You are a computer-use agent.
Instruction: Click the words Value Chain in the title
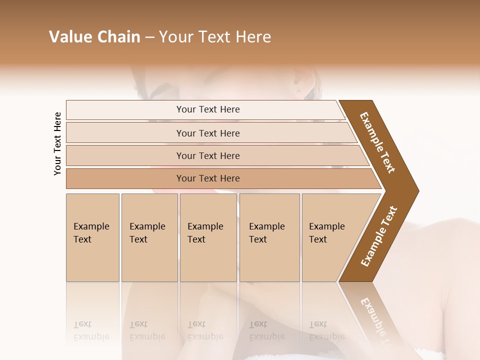pos(94,37)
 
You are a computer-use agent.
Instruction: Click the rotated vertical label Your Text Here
pos(57,143)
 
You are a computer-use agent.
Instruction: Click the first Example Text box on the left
pos(92,237)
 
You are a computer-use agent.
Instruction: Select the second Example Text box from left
pos(149,237)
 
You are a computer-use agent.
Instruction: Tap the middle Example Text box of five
pos(208,237)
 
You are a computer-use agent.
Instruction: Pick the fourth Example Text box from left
pos(269,237)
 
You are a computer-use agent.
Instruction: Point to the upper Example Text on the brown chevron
pos(377,142)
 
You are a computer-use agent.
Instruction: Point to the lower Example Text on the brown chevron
pos(379,236)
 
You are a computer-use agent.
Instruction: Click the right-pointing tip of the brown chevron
pos(416,190)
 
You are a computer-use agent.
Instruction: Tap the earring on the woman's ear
pos(299,91)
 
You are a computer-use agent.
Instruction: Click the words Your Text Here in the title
pos(215,37)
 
